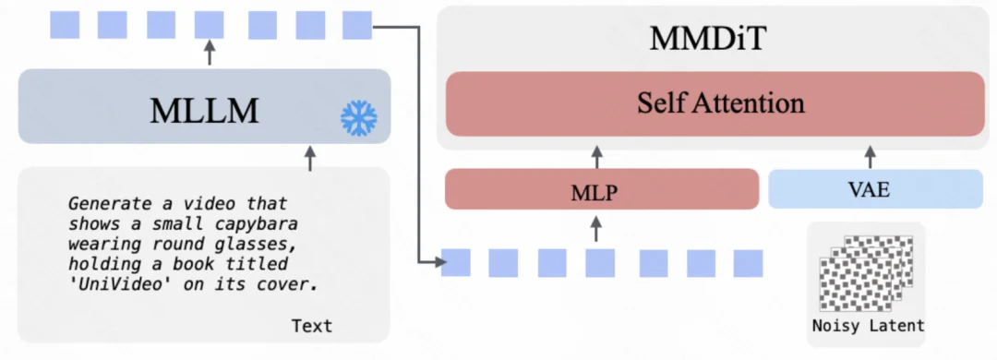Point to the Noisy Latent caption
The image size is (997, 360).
(x=867, y=326)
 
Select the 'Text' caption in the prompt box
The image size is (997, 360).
(x=311, y=326)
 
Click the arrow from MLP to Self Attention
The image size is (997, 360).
(x=595, y=152)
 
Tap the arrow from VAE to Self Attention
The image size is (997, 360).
(x=869, y=152)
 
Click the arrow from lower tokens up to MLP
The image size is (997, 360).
(x=595, y=227)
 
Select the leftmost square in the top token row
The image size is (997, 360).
(x=64, y=24)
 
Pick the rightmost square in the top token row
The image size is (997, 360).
(x=355, y=24)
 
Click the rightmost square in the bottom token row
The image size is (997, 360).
(x=747, y=263)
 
